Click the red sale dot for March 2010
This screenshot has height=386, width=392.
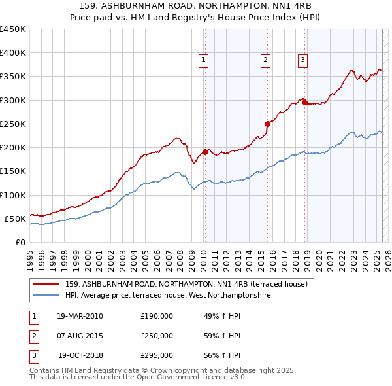tap(205, 152)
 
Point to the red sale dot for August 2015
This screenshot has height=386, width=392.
tap(267, 124)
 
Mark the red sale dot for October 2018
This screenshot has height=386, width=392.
tap(304, 102)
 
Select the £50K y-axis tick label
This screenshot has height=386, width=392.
tap(16, 219)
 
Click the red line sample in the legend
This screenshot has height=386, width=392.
tap(46, 284)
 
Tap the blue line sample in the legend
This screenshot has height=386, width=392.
tap(46, 296)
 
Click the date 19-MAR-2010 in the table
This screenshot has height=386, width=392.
tap(80, 316)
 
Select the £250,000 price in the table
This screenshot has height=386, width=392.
tap(157, 336)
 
